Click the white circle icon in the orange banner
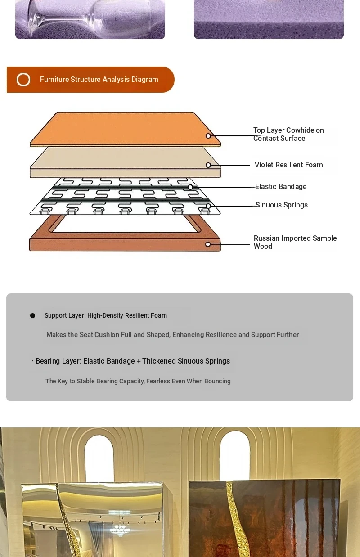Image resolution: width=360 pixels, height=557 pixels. pos(23,80)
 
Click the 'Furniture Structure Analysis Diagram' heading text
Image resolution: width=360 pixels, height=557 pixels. pos(99,79)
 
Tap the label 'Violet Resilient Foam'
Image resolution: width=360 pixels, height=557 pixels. pos(288,165)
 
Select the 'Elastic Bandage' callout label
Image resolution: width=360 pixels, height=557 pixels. pos(281,187)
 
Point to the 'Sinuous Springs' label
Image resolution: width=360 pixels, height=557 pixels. pos(282,205)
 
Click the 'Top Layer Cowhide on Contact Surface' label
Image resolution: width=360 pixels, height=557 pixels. pos(288,134)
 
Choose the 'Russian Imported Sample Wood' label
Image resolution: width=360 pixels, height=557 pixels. pos(295,242)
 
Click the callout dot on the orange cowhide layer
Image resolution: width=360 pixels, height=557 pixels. pos(208,136)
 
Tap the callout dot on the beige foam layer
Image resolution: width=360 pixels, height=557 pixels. pos(208,165)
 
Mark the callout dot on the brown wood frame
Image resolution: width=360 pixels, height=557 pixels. pos(208,244)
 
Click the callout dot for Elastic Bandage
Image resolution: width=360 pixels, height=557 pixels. pos(190,187)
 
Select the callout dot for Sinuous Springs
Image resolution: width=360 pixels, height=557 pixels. pos(208,206)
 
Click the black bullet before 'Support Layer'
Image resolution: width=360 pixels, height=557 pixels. pos(32,315)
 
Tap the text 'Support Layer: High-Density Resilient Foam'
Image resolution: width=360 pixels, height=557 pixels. pos(106,315)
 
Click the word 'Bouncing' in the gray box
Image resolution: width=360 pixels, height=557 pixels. pos(217,381)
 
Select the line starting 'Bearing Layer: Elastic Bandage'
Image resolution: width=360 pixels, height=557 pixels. pos(133,361)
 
